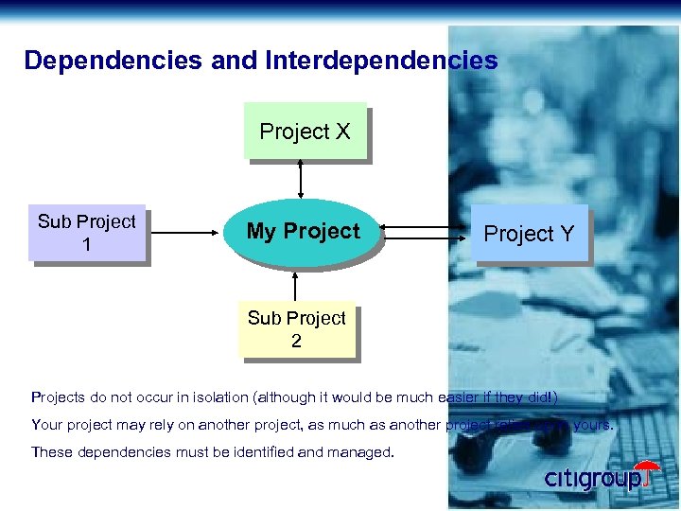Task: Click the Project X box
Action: click(x=305, y=132)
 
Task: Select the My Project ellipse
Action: click(x=303, y=232)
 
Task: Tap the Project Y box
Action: click(x=529, y=234)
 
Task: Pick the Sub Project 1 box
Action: click(x=87, y=233)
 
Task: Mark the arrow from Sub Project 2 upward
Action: click(x=297, y=286)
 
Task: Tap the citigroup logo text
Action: click(x=592, y=479)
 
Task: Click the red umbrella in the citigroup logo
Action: click(x=649, y=473)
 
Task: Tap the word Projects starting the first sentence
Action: click(x=59, y=397)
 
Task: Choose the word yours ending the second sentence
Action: click(x=593, y=425)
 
